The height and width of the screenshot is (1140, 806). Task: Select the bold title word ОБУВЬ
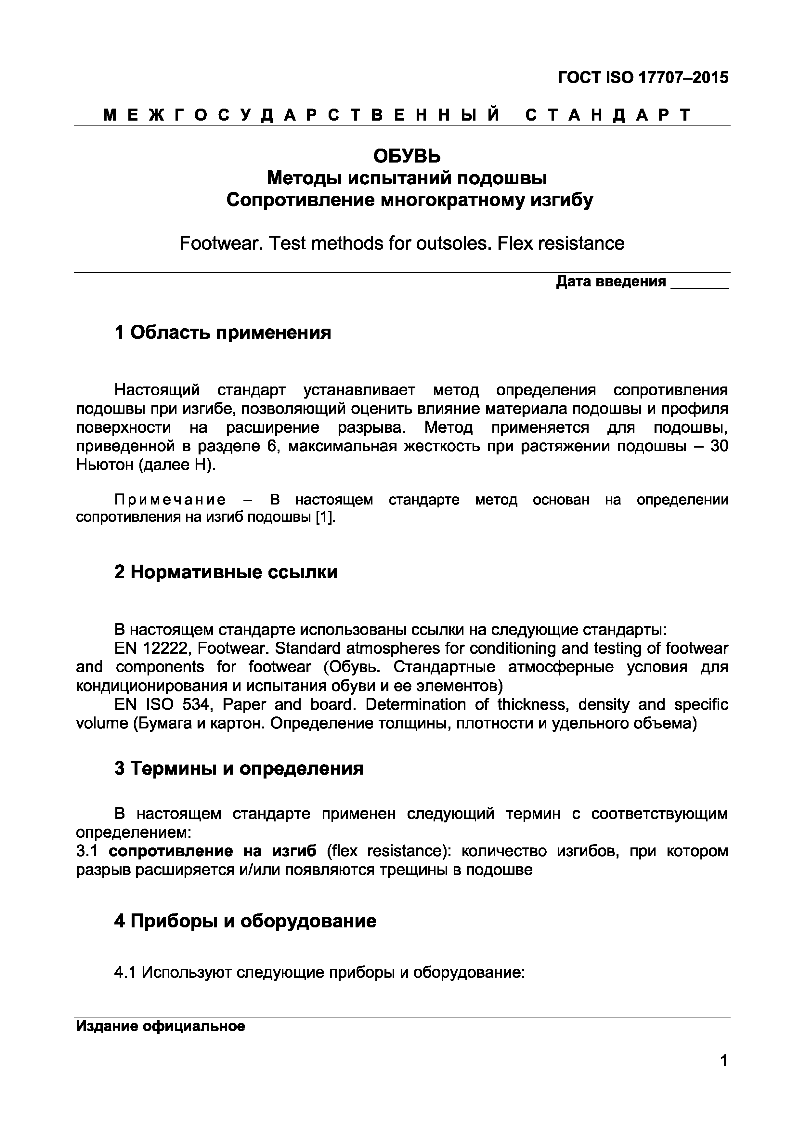pos(407,156)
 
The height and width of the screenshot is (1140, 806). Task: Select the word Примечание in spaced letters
pos(170,500)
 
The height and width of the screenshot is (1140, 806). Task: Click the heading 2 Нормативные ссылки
pos(226,572)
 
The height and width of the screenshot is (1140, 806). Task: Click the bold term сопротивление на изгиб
pos(213,851)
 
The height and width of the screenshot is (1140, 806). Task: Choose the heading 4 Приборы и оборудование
pos(245,921)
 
